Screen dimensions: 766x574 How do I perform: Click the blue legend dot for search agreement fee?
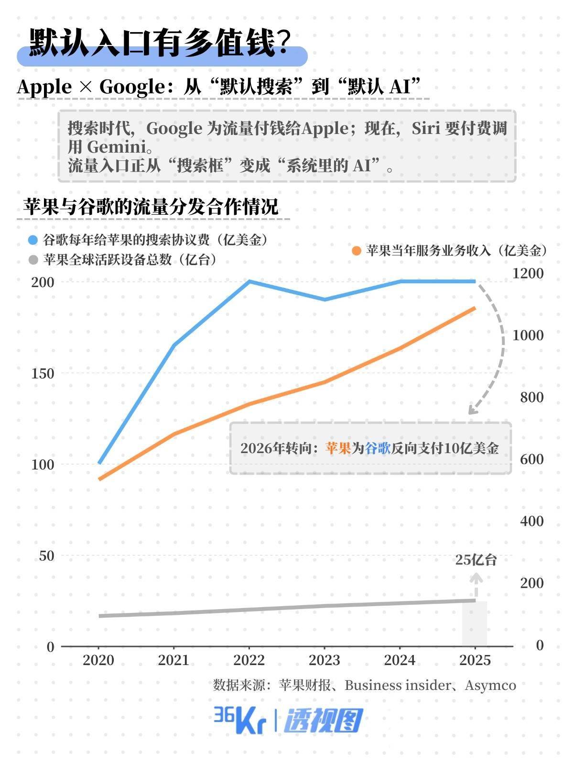tap(33, 240)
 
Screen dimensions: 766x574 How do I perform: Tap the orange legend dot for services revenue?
tap(356, 250)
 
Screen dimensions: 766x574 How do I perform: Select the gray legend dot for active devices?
tap(33, 260)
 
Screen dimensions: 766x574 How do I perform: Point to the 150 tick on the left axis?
tap(43, 373)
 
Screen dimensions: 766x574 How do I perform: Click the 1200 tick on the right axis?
tap(528, 273)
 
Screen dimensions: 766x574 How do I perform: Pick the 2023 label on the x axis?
tap(324, 660)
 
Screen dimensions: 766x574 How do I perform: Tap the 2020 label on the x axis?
tap(98, 660)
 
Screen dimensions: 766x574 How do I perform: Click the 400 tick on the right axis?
tap(531, 521)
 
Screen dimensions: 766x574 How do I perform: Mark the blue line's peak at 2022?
tap(249, 281)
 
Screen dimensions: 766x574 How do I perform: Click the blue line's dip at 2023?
tap(325, 300)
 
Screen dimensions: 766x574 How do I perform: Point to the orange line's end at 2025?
tap(475, 308)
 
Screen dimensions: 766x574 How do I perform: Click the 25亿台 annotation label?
tap(476, 560)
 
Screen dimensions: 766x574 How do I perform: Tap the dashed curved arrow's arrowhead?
tap(472, 411)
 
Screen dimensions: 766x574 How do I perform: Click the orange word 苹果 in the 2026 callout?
tap(338, 448)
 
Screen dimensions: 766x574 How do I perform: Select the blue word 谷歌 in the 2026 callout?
tap(378, 448)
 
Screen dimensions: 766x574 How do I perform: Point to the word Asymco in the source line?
tap(490, 685)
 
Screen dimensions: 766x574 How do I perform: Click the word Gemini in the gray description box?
tap(116, 146)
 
